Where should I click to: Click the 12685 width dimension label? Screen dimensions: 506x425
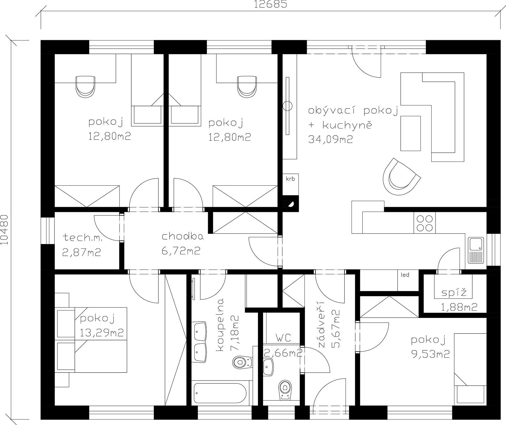point(270,4)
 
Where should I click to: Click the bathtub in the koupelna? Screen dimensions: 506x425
point(220,393)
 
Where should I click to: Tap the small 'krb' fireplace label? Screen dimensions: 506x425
point(290,179)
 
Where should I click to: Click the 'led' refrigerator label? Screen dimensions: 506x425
point(405,275)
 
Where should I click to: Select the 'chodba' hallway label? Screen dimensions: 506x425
point(183,236)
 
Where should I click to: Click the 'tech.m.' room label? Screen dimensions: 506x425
point(82,237)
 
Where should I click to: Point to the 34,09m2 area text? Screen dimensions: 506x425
point(330,139)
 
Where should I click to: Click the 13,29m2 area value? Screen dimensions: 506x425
point(102,332)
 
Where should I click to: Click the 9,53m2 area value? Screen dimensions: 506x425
point(430,354)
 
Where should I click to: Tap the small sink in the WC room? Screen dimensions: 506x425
point(268,367)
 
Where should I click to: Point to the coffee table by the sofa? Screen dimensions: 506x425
point(411,133)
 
